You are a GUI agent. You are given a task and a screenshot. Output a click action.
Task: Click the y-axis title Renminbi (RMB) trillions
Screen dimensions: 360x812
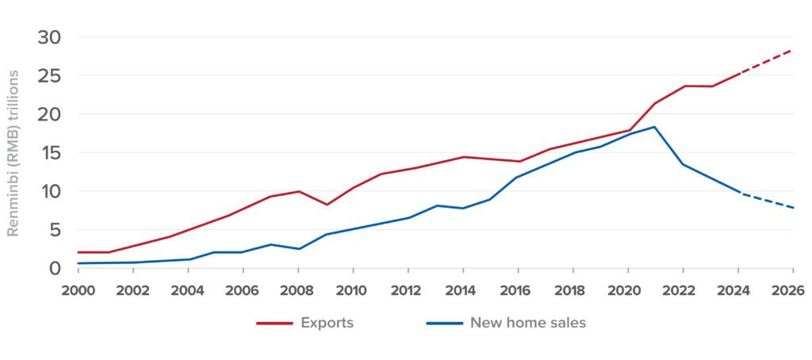tap(13, 153)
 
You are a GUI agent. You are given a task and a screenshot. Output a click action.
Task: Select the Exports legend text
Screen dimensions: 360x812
tap(327, 323)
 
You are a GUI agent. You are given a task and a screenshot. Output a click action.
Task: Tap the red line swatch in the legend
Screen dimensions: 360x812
tap(273, 324)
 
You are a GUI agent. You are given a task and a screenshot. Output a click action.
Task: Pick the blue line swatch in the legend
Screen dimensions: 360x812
tap(442, 324)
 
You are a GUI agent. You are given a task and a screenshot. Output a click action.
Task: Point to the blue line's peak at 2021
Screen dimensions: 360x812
tap(654, 127)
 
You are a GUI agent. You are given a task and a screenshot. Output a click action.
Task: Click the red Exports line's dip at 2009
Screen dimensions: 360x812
tap(326, 205)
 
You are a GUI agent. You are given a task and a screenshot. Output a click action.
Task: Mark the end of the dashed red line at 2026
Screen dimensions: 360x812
tap(792, 50)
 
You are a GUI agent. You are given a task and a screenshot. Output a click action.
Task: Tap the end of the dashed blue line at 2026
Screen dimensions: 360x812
tap(792, 208)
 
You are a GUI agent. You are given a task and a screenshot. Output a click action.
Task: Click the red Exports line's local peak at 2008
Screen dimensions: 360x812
tap(298, 191)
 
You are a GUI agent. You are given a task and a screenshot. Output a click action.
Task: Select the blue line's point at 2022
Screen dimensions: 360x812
tap(682, 164)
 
